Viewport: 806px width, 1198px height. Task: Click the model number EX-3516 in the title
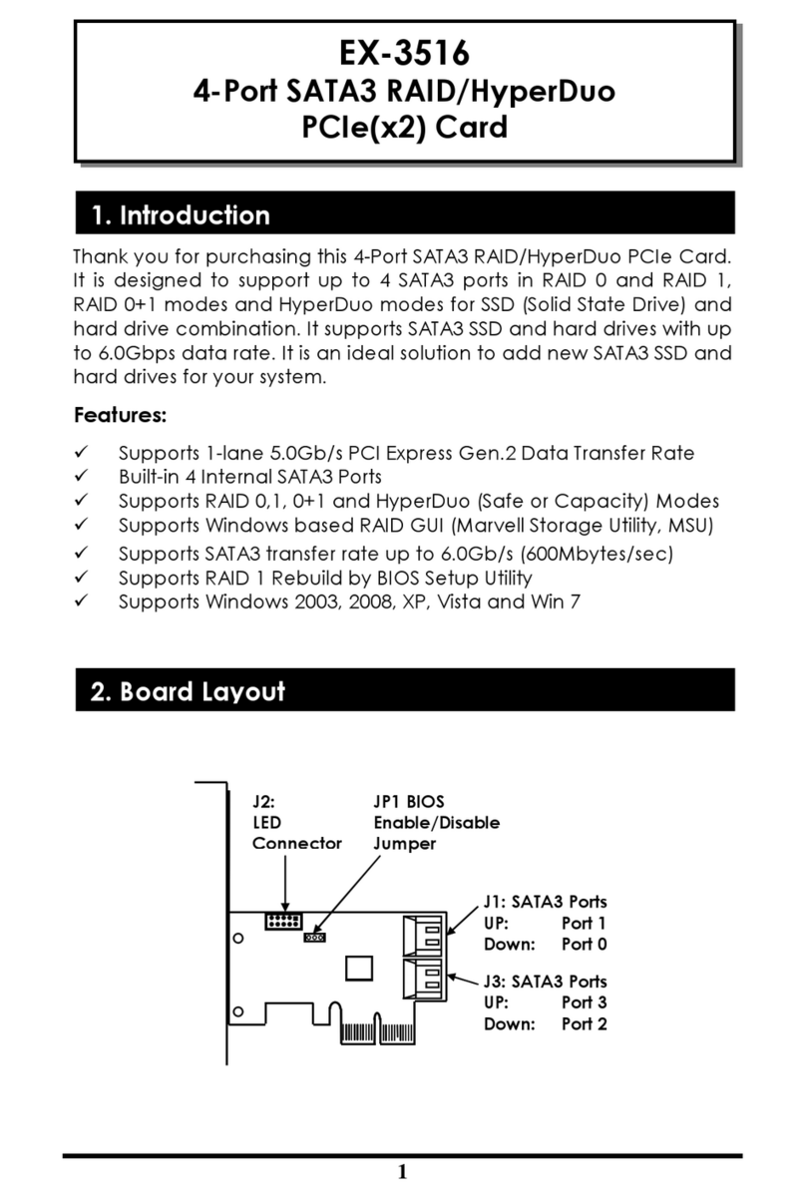pos(404,52)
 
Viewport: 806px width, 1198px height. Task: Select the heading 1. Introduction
pos(180,215)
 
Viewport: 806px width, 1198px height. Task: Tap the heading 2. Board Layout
pos(188,691)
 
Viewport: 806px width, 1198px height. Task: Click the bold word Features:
pos(120,414)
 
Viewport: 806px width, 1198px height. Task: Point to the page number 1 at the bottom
pos(402,1172)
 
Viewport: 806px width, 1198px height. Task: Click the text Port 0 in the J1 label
pos(584,944)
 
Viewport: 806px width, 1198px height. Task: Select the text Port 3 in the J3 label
pos(584,1002)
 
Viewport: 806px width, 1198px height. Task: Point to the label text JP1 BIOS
pos(409,802)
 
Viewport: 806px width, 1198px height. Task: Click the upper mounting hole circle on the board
pos(239,939)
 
